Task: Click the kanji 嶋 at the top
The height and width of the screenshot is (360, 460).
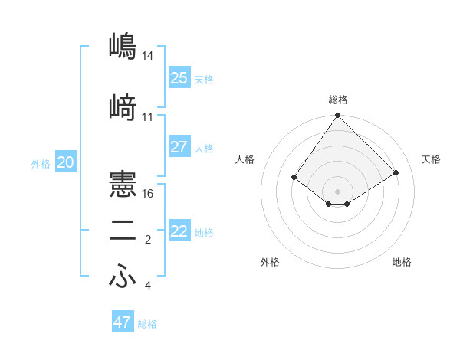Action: (123, 46)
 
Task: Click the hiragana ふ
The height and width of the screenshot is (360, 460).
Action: (123, 277)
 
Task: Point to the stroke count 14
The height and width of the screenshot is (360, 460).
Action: (148, 56)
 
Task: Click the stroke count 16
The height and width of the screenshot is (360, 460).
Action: (148, 193)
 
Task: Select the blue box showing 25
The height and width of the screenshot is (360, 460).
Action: (179, 78)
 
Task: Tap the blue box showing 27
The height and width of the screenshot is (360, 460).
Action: (179, 147)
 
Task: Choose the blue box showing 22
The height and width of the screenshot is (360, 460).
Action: (179, 231)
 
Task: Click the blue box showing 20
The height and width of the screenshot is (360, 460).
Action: (66, 162)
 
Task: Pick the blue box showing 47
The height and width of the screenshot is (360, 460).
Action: (122, 322)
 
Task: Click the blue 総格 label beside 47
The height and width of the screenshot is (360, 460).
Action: (147, 324)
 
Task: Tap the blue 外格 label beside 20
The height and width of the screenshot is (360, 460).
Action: (41, 164)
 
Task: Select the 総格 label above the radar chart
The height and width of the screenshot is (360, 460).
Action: (338, 100)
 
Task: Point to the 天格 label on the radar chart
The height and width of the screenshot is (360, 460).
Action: (431, 159)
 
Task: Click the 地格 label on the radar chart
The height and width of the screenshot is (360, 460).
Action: (402, 262)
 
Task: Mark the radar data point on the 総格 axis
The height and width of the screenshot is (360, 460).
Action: (338, 116)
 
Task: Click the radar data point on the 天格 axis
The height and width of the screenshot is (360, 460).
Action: (396, 172)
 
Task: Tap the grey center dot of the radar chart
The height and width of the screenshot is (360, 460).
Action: (338, 191)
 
